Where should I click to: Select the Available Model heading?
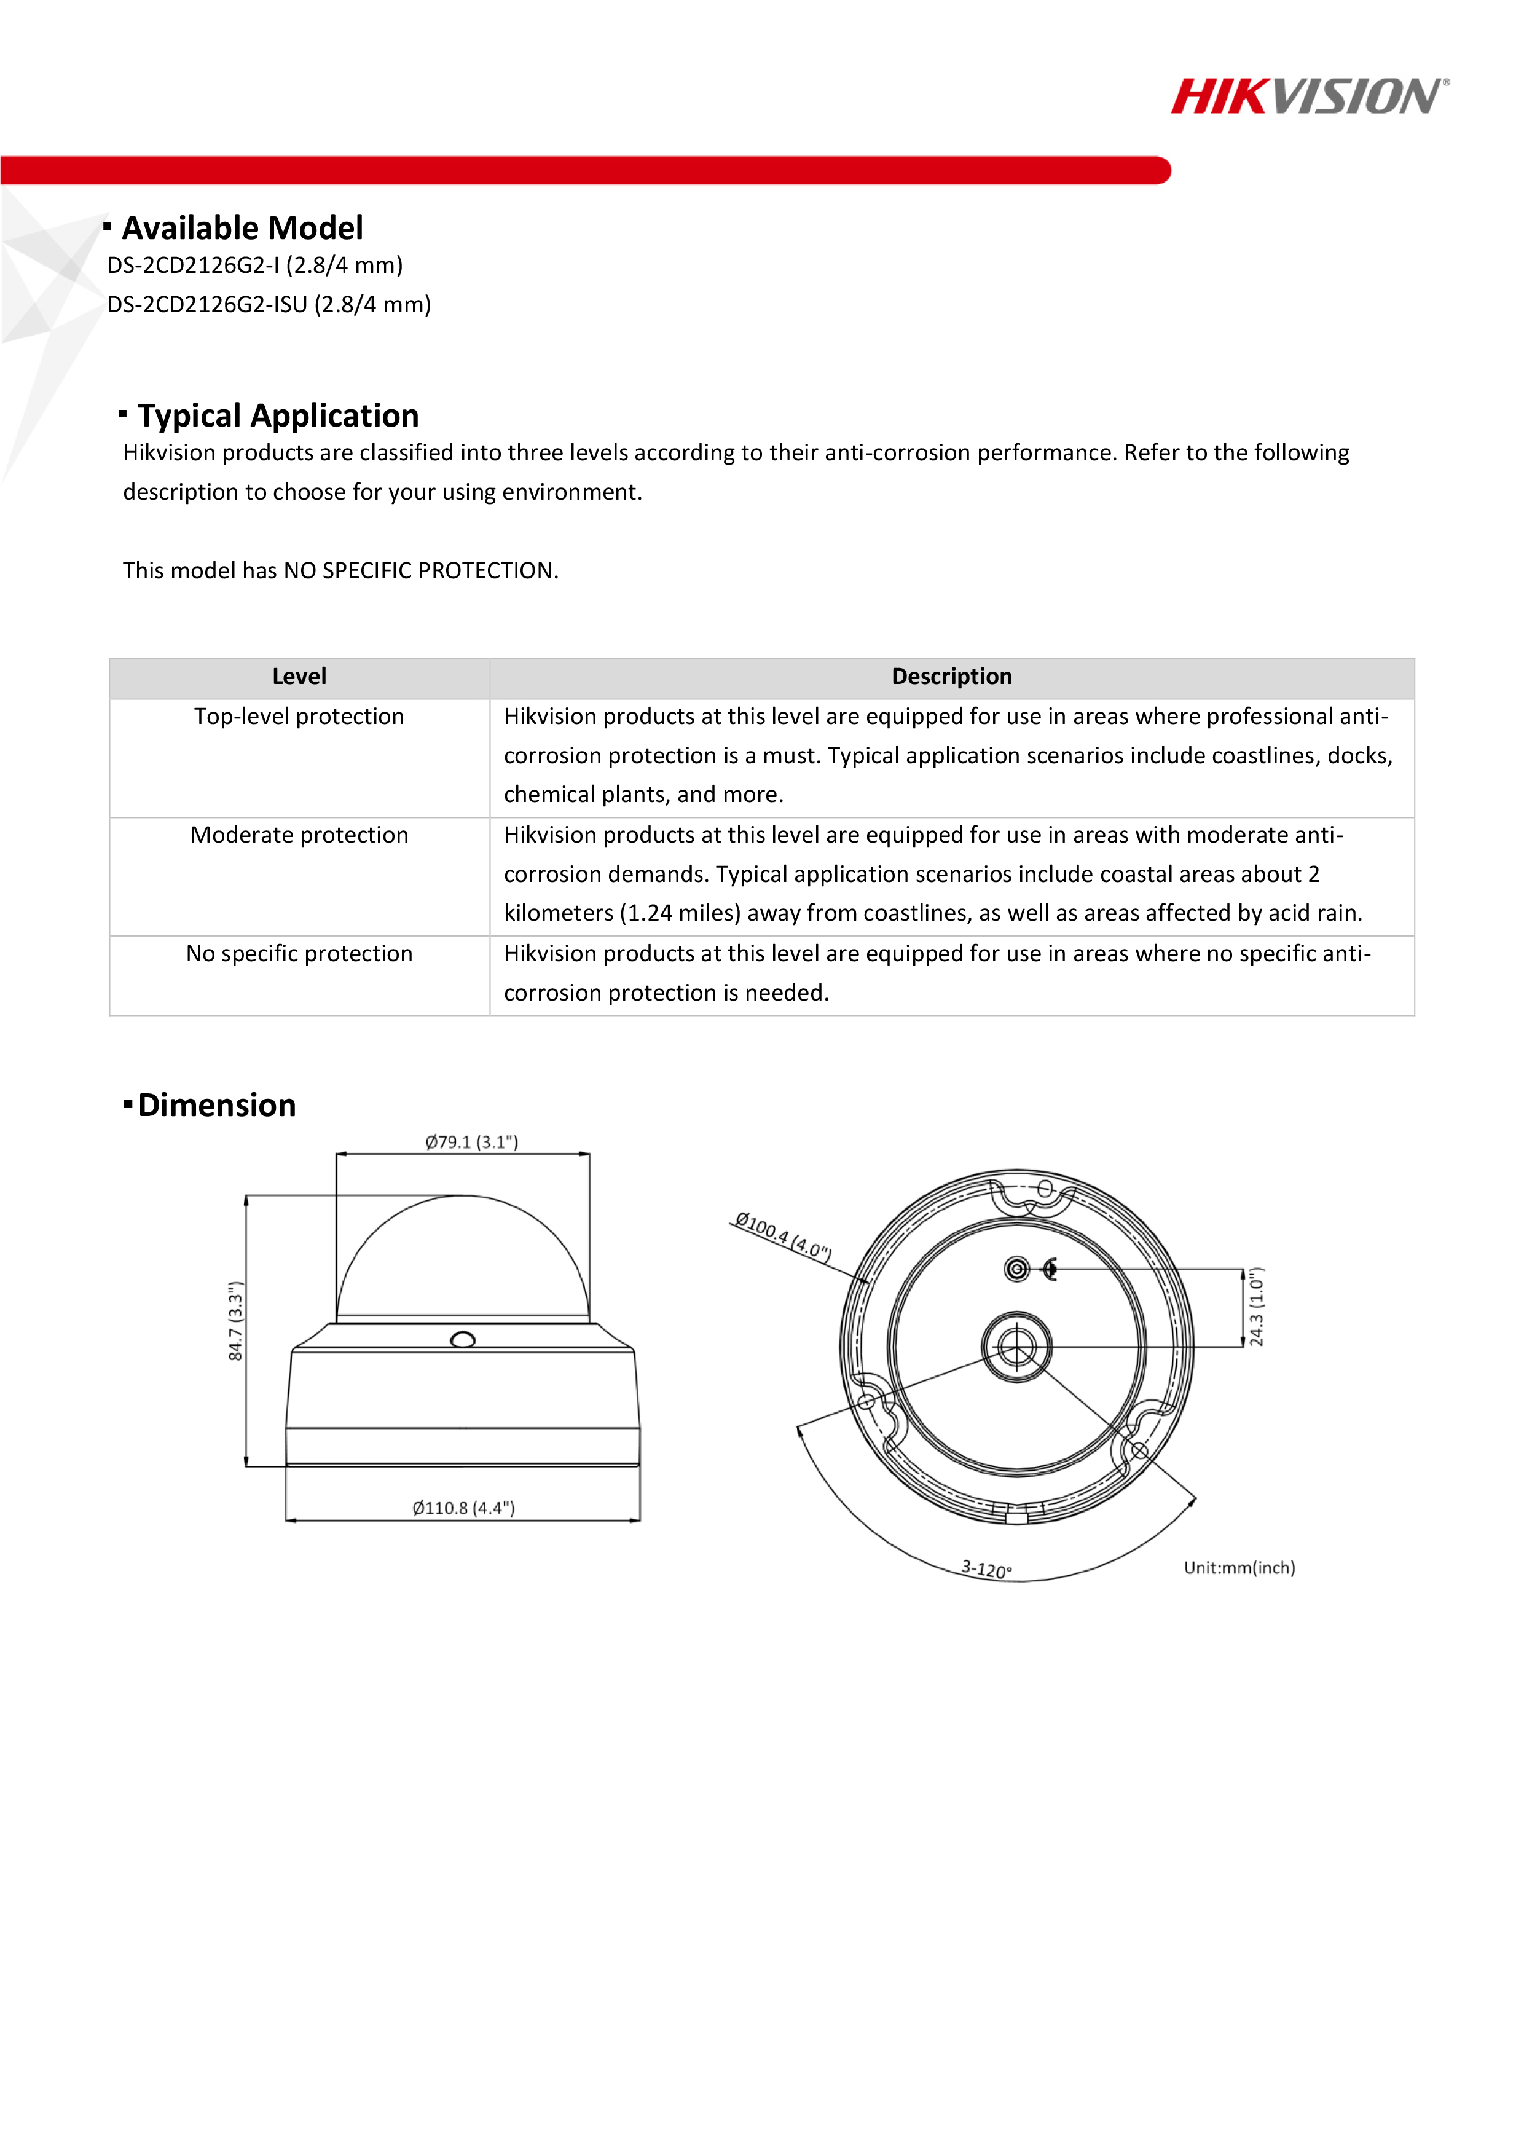[242, 228]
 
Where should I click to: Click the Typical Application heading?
[277, 415]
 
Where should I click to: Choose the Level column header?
[299, 676]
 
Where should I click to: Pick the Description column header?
[951, 676]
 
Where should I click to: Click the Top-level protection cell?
[299, 717]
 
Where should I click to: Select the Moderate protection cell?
[299, 835]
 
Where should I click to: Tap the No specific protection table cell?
[299, 953]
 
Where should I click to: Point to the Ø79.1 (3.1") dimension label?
[471, 1142]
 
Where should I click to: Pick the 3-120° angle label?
[986, 1568]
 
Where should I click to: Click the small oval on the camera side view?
[463, 1340]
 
